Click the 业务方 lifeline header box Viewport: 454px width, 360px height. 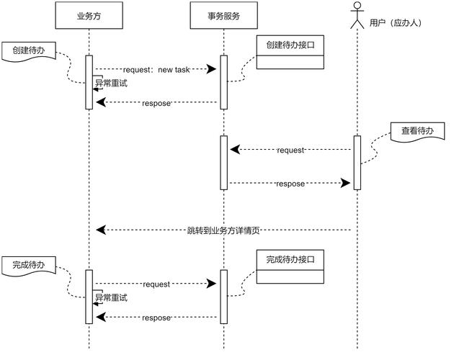click(89, 15)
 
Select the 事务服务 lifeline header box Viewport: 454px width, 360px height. click(223, 15)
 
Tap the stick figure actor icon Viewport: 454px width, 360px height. click(356, 15)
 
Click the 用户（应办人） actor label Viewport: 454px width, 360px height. click(395, 23)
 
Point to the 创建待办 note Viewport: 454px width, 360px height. click(28, 50)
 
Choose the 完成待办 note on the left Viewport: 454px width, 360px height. click(28, 266)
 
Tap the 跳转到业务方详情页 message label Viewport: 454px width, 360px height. click(223, 230)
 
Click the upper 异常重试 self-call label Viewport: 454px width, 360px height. click(112, 83)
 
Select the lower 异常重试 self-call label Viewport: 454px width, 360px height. click(112, 297)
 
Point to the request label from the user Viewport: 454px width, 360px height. click(290, 150)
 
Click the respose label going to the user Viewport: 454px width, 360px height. click(290, 184)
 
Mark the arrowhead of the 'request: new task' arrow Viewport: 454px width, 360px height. click(213, 68)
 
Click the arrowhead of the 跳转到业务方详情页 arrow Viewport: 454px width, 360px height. click(101, 230)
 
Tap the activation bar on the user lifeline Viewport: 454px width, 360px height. click(357, 162)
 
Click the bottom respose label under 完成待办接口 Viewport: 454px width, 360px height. click(156, 318)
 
